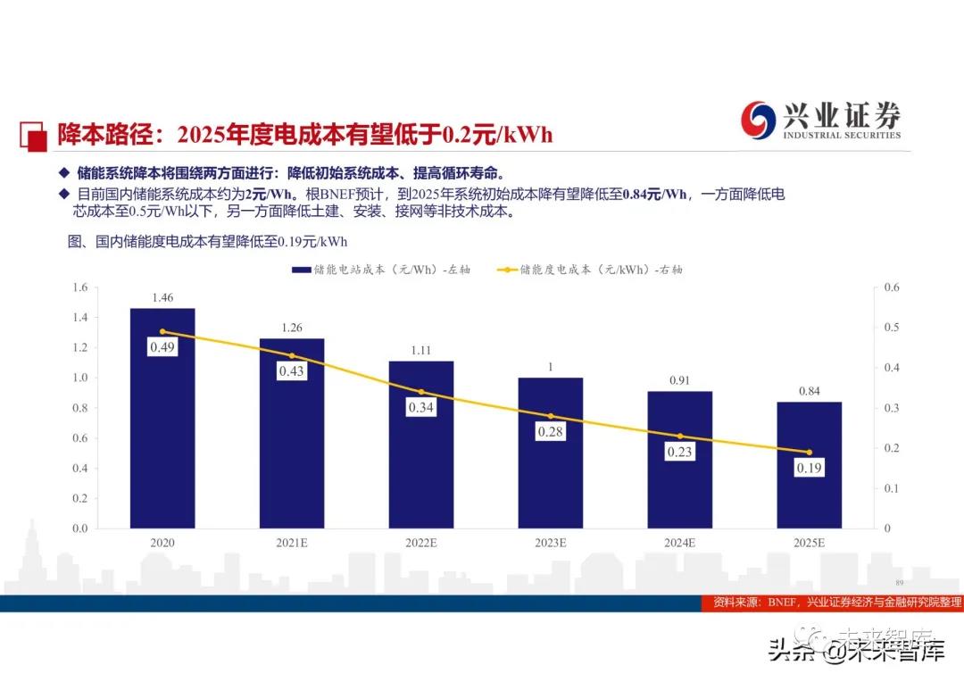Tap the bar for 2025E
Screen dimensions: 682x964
pyautogui.click(x=809, y=464)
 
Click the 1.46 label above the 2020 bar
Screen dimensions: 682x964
pyautogui.click(x=162, y=297)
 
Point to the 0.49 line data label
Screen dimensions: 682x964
pyautogui.click(x=162, y=346)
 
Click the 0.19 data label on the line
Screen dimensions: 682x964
pyautogui.click(x=810, y=467)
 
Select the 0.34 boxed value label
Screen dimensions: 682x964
pyautogui.click(x=421, y=408)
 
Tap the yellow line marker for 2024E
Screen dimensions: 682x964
pyautogui.click(x=680, y=436)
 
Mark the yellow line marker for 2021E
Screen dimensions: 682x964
pyautogui.click(x=292, y=355)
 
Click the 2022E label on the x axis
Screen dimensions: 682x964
pyautogui.click(x=421, y=542)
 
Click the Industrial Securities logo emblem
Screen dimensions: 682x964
pyautogui.click(x=759, y=120)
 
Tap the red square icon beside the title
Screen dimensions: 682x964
pyautogui.click(x=33, y=136)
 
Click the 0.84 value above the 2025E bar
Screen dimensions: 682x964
pyautogui.click(x=810, y=389)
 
